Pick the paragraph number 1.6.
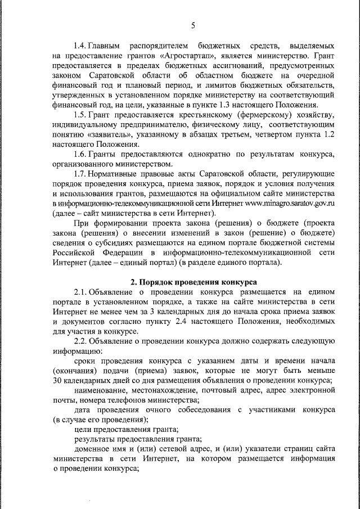point(80,155)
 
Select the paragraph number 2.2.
point(80,343)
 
